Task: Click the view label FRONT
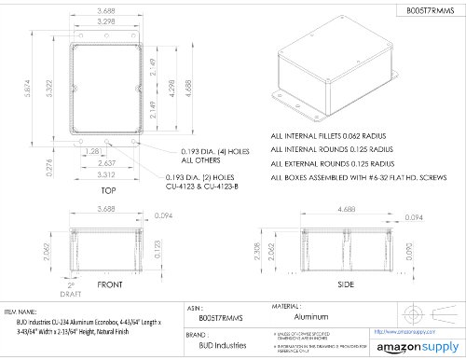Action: pos(109,284)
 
